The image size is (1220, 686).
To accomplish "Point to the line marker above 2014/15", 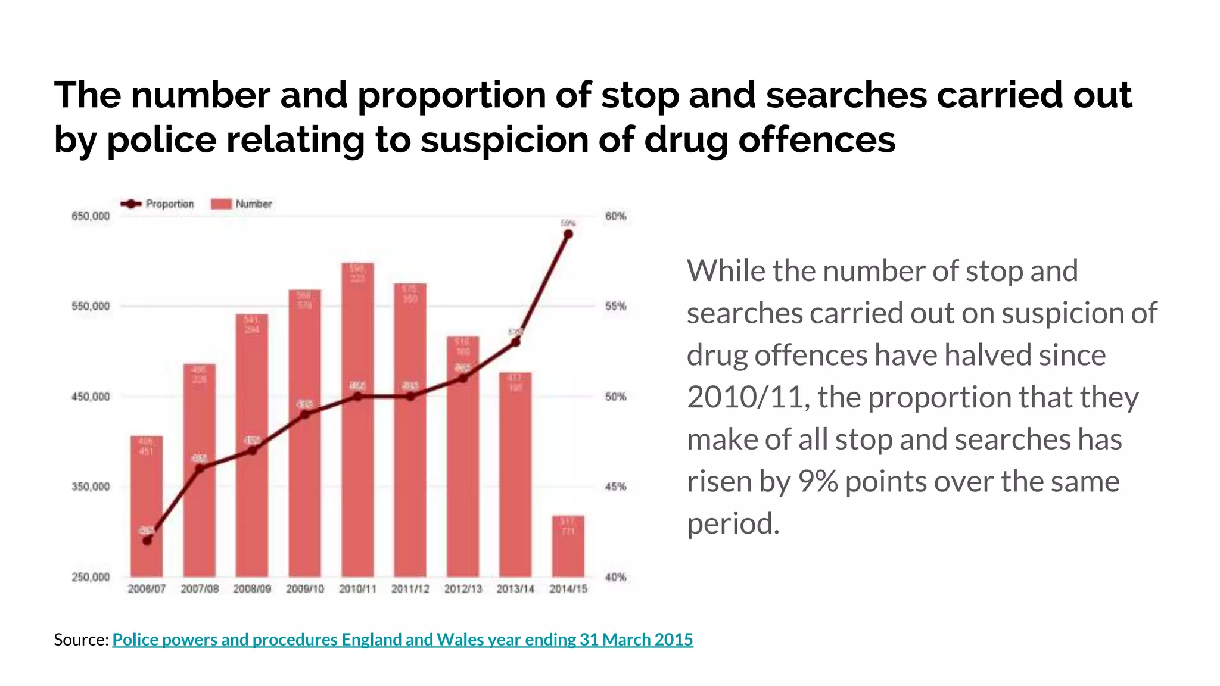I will click(x=568, y=234).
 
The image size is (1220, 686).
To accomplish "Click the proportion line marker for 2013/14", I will click(x=516, y=342).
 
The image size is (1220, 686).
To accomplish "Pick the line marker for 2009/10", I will click(x=305, y=414).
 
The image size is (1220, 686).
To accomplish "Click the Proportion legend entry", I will click(x=158, y=204).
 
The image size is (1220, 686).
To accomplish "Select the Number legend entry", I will click(x=242, y=204).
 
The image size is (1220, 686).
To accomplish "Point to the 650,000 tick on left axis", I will click(x=91, y=216).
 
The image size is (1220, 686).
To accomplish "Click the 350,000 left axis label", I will click(x=91, y=487).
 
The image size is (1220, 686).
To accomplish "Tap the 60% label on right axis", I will click(x=615, y=216).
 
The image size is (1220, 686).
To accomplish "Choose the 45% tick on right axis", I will click(x=615, y=487).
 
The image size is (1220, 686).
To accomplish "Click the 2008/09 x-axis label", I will click(x=252, y=589).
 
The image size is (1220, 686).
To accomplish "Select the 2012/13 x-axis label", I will click(x=463, y=589).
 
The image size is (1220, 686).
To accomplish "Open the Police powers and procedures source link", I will click(x=402, y=640).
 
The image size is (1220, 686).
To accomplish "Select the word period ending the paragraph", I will click(x=733, y=523).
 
